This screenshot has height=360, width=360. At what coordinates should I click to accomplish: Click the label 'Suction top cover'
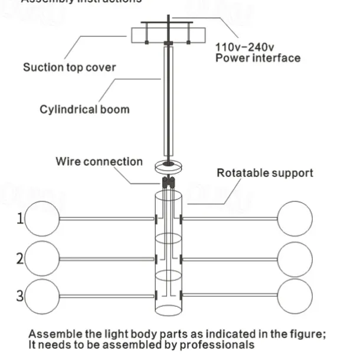coord(69,67)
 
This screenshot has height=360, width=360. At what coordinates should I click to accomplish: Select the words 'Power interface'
coord(257,58)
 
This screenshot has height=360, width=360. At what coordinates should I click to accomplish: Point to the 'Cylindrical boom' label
coord(84,109)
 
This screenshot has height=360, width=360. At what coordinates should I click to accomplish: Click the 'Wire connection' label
coord(99,161)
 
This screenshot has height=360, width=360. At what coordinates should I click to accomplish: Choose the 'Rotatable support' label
coord(265,173)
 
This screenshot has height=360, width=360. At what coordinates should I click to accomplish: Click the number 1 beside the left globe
coord(20,219)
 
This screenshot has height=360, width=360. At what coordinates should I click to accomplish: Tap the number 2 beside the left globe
coord(20,258)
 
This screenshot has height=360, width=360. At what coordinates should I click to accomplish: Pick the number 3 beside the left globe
coord(20,295)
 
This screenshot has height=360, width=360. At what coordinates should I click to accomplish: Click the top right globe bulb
coord(295,219)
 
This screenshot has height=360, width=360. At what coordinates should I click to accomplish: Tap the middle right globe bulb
coord(295,258)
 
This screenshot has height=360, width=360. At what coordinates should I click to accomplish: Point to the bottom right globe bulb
coord(295,295)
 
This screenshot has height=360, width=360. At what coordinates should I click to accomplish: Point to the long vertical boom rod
coord(168,100)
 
